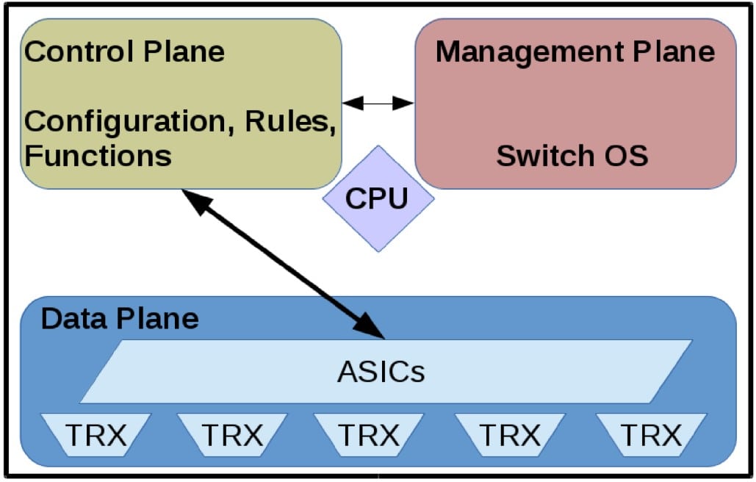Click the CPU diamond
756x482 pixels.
(377, 198)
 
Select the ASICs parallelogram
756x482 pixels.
(382, 372)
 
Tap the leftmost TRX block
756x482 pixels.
(96, 436)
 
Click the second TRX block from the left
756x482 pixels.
(231, 436)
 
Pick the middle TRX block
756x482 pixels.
(368, 436)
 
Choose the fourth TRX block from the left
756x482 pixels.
(509, 436)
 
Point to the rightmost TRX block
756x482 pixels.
(650, 436)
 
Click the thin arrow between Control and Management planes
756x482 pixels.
(378, 104)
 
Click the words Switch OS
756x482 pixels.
(572, 156)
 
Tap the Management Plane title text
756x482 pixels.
(575, 52)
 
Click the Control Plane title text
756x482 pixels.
(124, 52)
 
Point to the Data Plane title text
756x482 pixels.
(120, 319)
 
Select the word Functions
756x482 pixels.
(98, 156)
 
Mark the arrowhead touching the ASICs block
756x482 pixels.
(371, 328)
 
